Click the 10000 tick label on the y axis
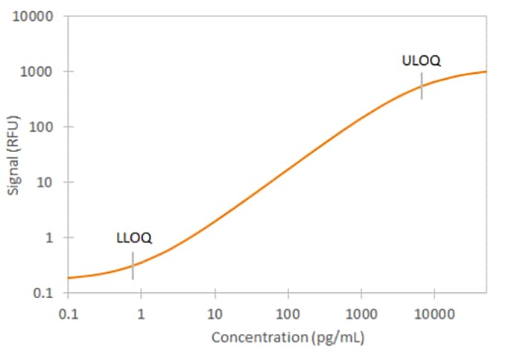[x=32, y=16]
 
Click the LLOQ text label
[x=134, y=239]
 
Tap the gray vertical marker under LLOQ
[x=133, y=265]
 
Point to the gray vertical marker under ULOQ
[x=422, y=86]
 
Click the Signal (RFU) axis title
[x=13, y=155]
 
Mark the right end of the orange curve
[x=486, y=72]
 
